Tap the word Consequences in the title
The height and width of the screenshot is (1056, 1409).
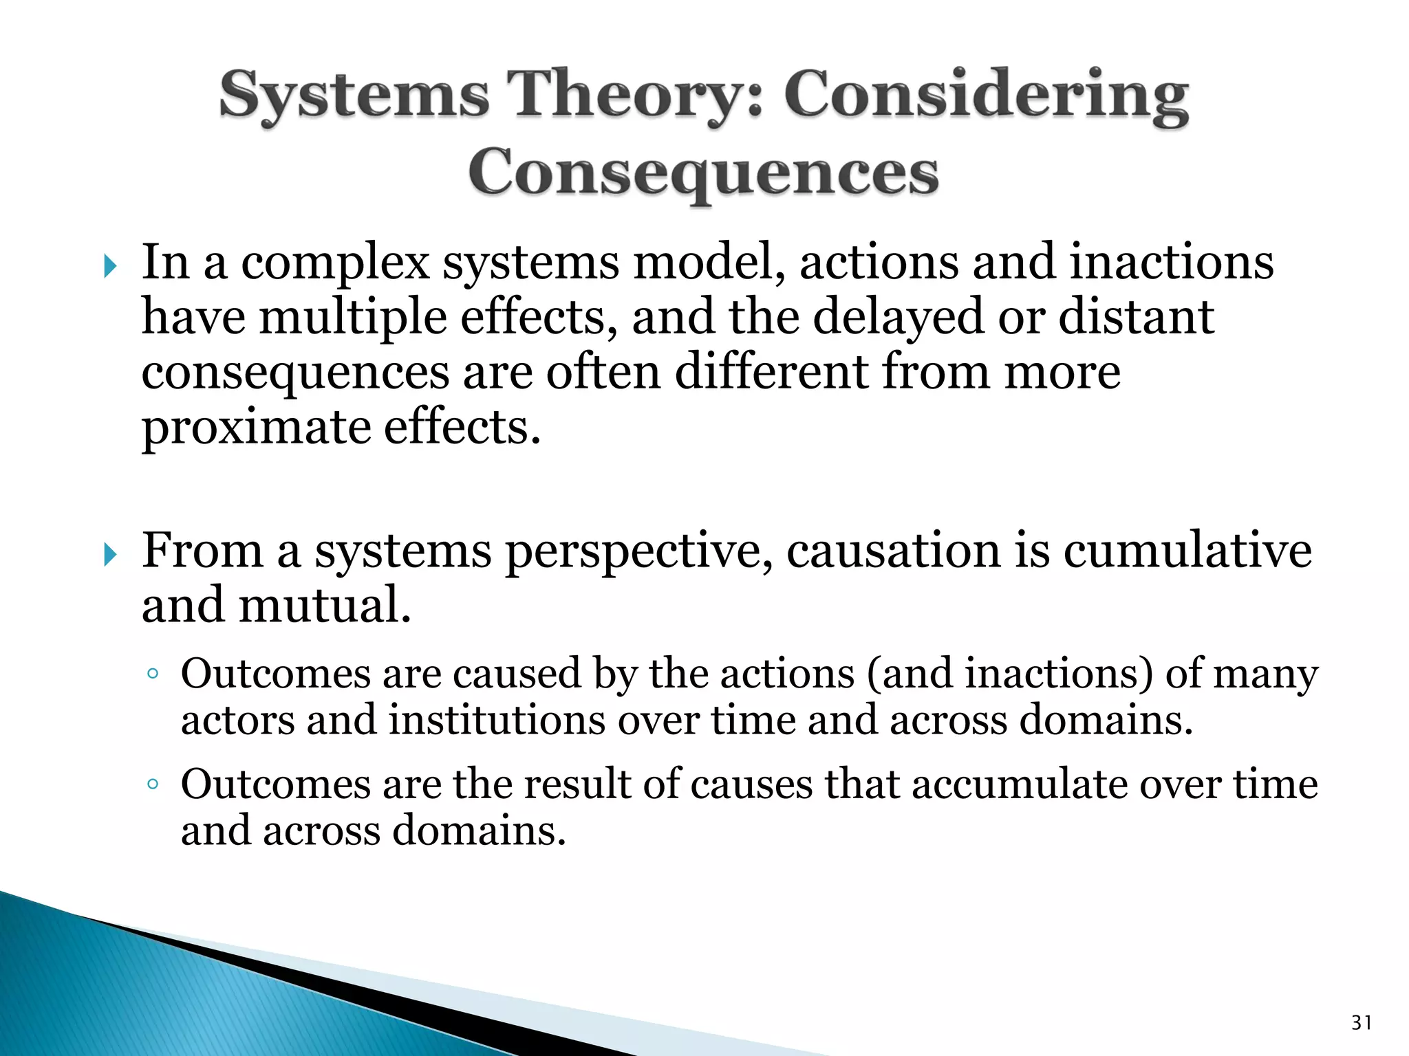[703, 172]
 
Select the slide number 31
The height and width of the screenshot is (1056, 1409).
[1362, 1023]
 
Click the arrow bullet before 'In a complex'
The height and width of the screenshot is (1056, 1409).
[110, 265]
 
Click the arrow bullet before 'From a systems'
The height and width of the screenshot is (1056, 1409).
[110, 554]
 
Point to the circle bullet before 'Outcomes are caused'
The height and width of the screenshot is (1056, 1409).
[153, 674]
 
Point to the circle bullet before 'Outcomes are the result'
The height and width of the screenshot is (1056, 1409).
[153, 784]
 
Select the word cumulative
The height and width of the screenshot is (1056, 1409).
[1187, 551]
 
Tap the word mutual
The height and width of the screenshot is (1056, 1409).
[324, 606]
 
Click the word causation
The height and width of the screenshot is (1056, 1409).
[893, 551]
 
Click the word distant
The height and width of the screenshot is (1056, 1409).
[1136, 318]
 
